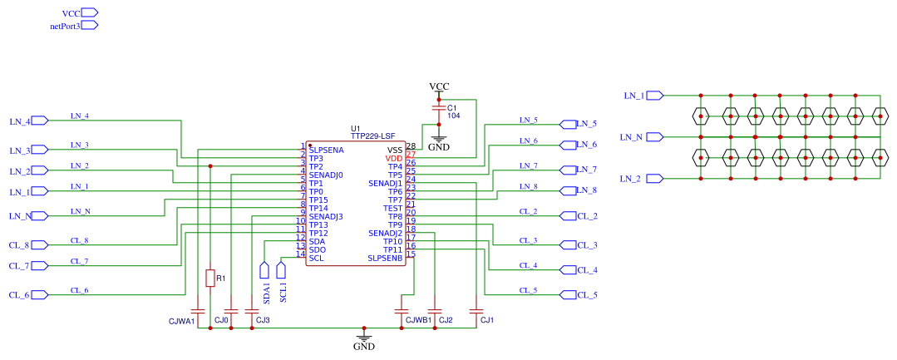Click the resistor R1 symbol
(210, 279)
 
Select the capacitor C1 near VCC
(439, 107)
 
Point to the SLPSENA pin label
(326, 150)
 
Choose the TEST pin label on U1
(393, 209)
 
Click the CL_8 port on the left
(40, 245)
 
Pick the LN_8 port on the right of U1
(568, 190)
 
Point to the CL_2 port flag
(568, 216)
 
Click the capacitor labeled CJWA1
(197, 312)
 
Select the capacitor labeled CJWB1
(400, 312)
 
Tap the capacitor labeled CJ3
(252, 312)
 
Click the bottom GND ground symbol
(364, 337)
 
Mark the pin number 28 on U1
(411, 146)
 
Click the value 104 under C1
(454, 116)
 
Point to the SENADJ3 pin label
(326, 216)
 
